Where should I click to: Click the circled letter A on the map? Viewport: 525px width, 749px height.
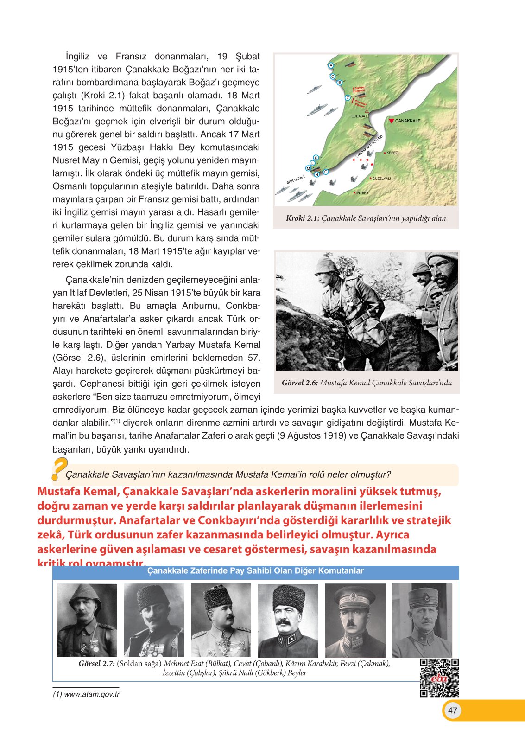[331, 65]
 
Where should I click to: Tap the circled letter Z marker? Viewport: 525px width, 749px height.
[348, 98]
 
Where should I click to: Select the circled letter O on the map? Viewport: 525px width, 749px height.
[326, 172]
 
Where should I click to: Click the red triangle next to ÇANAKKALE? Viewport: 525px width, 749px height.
[392, 121]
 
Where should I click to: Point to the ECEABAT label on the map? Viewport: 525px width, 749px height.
[359, 116]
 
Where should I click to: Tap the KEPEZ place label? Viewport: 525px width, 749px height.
[392, 153]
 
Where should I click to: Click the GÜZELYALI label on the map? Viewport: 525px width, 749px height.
[381, 179]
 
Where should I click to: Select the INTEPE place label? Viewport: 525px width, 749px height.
[362, 192]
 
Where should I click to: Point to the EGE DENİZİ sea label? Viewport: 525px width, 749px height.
[295, 179]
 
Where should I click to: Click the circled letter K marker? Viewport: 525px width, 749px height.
[316, 158]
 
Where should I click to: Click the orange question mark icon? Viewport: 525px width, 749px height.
[59, 468]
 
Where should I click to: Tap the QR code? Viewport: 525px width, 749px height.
[439, 678]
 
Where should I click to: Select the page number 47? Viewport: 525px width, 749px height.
[453, 711]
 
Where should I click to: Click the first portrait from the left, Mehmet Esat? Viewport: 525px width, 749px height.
[87, 620]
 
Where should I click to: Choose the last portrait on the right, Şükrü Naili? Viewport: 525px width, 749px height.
[422, 620]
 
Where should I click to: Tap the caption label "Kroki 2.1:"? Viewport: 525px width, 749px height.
[302, 218]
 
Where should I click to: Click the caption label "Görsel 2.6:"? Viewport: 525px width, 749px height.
[299, 383]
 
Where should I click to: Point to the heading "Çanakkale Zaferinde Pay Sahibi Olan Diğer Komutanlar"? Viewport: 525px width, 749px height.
[255, 571]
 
